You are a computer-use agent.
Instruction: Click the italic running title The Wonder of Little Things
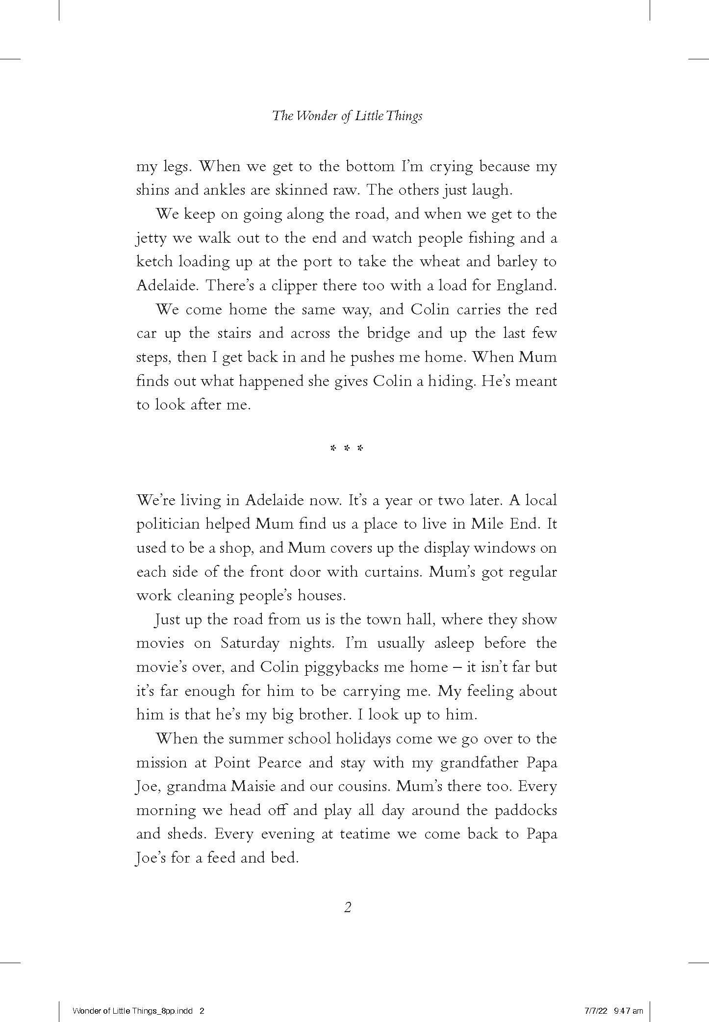point(347,116)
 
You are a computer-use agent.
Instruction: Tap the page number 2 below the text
point(348,908)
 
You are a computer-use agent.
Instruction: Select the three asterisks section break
point(347,448)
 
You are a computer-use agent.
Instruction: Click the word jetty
point(152,239)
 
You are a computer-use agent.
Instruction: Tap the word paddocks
point(526,810)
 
